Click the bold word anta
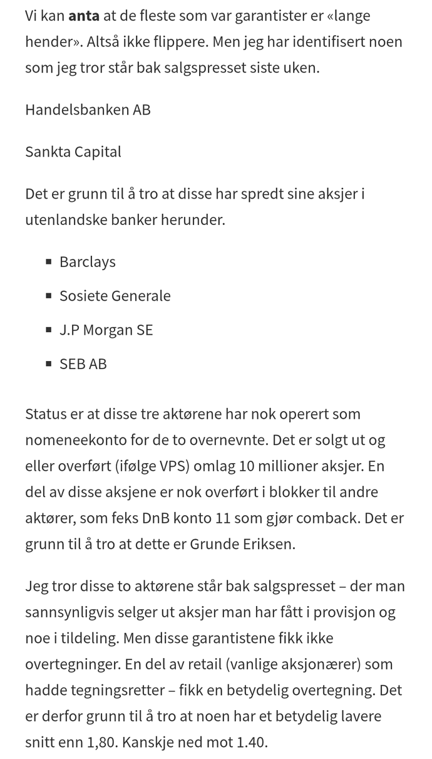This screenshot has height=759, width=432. click(83, 16)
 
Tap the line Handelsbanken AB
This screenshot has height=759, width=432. click(88, 110)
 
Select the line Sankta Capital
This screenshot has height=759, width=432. click(73, 152)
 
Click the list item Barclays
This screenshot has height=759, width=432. click(88, 261)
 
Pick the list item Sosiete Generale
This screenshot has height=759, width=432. click(115, 295)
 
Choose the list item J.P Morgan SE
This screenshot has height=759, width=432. click(106, 330)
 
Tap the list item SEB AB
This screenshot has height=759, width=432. click(83, 364)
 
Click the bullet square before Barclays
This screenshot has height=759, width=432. click(49, 262)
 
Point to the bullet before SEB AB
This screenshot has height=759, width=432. click(49, 364)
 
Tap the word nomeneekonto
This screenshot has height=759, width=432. click(69, 440)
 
